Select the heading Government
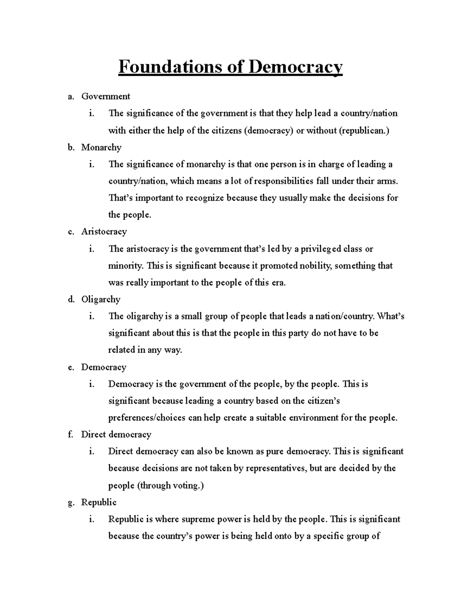coord(106,96)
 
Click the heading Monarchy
coord(101,147)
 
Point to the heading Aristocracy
coord(104,231)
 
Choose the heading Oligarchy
coord(101,299)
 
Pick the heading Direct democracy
coord(116,434)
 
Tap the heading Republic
coord(99,502)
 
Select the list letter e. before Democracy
coord(70,367)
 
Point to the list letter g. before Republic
coord(70,502)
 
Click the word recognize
coord(205,198)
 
